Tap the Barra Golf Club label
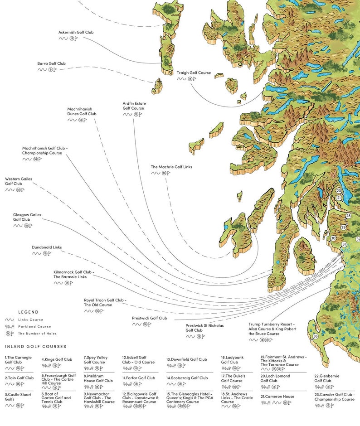[51, 63]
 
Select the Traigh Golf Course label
[194, 73]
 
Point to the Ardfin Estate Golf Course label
[134, 106]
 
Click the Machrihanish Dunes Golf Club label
[82, 111]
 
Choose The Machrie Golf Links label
[171, 167]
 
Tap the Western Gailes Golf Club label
[19, 181]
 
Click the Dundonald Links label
[47, 247]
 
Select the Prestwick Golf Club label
[150, 318]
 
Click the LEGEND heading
[28, 312]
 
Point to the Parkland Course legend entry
[34, 326]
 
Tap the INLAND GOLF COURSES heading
[35, 347]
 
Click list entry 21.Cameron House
[277, 397]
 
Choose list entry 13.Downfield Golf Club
[186, 359]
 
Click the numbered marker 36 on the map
[316, 336]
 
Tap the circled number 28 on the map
[348, 216]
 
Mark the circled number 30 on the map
[333, 238]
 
